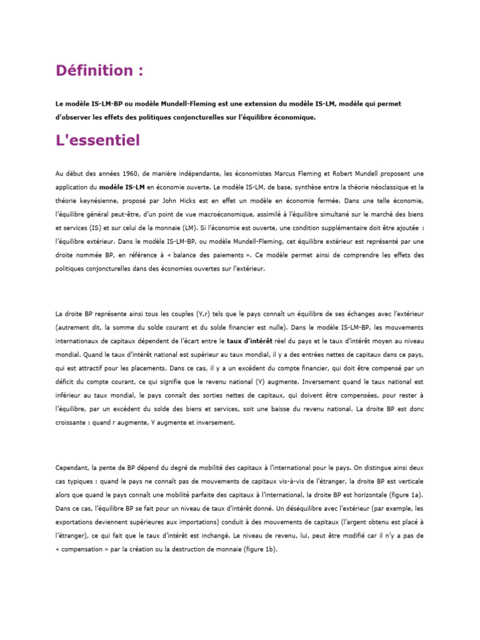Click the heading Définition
[x=99, y=71]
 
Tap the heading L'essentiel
[x=98, y=141]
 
